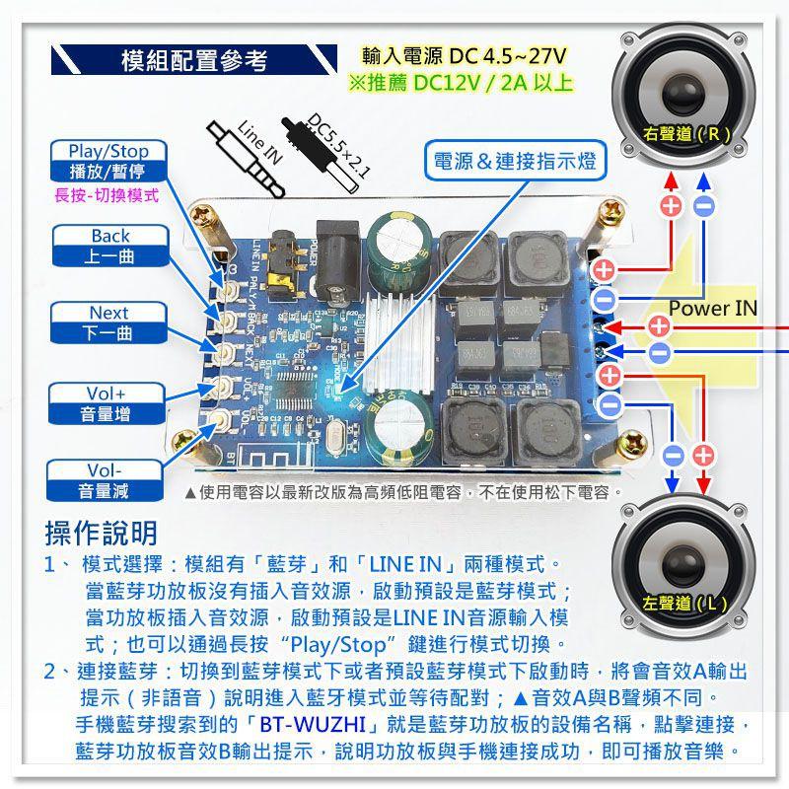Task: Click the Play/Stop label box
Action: [108, 161]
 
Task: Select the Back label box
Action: [109, 247]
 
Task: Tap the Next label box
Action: [109, 323]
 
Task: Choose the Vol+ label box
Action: [109, 404]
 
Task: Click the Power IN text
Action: [712, 309]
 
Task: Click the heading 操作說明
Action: [102, 534]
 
